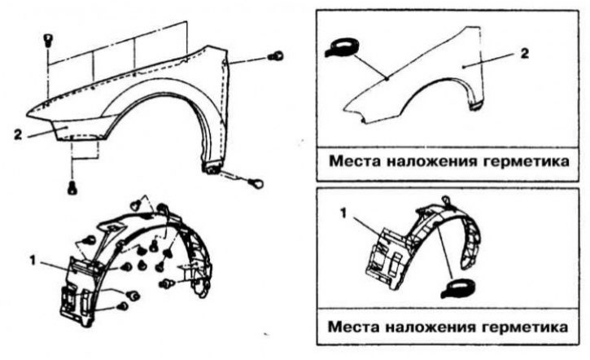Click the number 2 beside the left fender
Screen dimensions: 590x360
18,134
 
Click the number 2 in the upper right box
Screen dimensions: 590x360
525,54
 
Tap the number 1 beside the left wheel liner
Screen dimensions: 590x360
33,260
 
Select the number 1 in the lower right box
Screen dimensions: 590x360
343,213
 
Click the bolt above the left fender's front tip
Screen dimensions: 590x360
48,40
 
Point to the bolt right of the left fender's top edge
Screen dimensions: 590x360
276,56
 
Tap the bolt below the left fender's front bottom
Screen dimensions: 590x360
72,187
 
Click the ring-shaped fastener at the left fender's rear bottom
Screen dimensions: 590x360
256,183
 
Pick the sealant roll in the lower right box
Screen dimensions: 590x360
458,288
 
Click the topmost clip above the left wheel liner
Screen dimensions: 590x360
136,205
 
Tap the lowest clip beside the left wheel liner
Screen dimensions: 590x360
123,306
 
